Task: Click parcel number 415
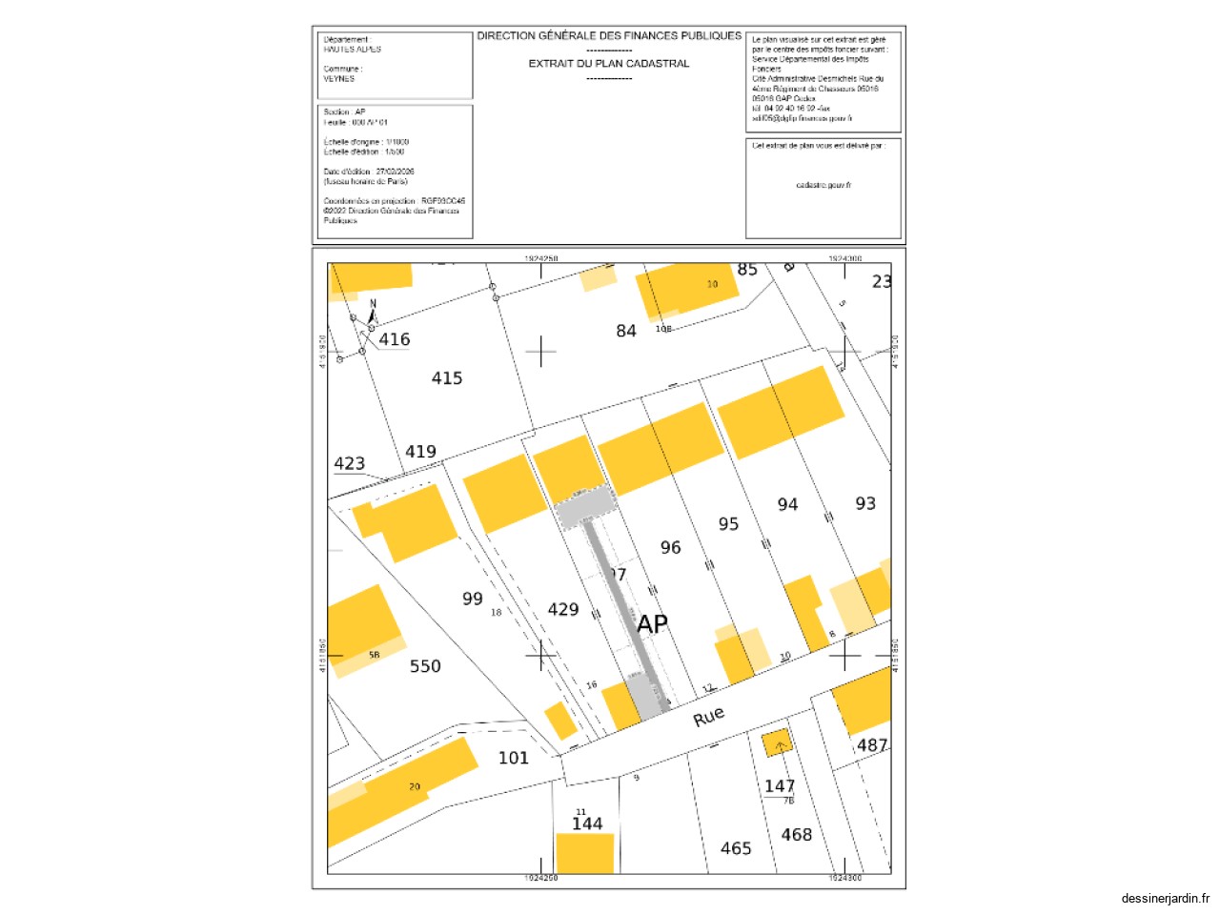pyautogui.click(x=447, y=378)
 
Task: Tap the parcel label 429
pyautogui.click(x=563, y=610)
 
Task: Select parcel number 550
pyautogui.click(x=425, y=666)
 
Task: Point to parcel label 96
pyautogui.click(x=671, y=548)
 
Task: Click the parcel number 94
pyautogui.click(x=787, y=505)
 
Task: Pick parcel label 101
pyautogui.click(x=513, y=758)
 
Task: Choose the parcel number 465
pyautogui.click(x=736, y=848)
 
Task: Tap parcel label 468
pyautogui.click(x=797, y=835)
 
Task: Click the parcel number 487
pyautogui.click(x=872, y=745)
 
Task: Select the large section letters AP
pyautogui.click(x=652, y=624)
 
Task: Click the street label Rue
pyautogui.click(x=708, y=717)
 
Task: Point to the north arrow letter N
pyautogui.click(x=373, y=304)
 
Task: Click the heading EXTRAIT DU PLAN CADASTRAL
pyautogui.click(x=609, y=64)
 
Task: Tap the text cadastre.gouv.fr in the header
pyautogui.click(x=823, y=185)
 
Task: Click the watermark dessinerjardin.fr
pyautogui.click(x=1166, y=898)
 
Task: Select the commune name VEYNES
pyautogui.click(x=339, y=79)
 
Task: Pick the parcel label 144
pyautogui.click(x=587, y=823)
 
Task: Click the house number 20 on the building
pyautogui.click(x=415, y=786)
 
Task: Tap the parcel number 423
pyautogui.click(x=349, y=463)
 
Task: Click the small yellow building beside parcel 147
pyautogui.click(x=777, y=743)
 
